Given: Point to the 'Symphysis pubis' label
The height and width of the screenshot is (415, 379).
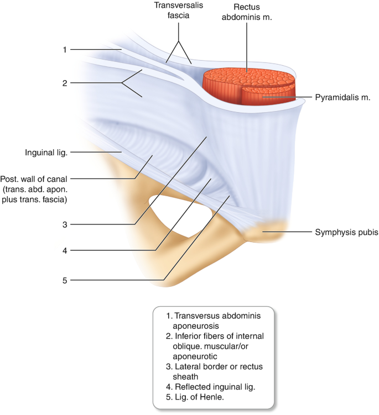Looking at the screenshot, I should [347, 233].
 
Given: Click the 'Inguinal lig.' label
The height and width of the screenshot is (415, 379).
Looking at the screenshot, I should [46, 152].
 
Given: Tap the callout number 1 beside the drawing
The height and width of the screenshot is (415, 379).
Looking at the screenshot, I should [65, 50].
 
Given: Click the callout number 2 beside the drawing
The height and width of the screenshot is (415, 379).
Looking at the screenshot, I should [65, 83].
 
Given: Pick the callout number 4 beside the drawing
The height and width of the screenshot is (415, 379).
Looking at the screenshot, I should [65, 250].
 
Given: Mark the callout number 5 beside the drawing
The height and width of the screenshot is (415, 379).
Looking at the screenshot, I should [65, 280].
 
